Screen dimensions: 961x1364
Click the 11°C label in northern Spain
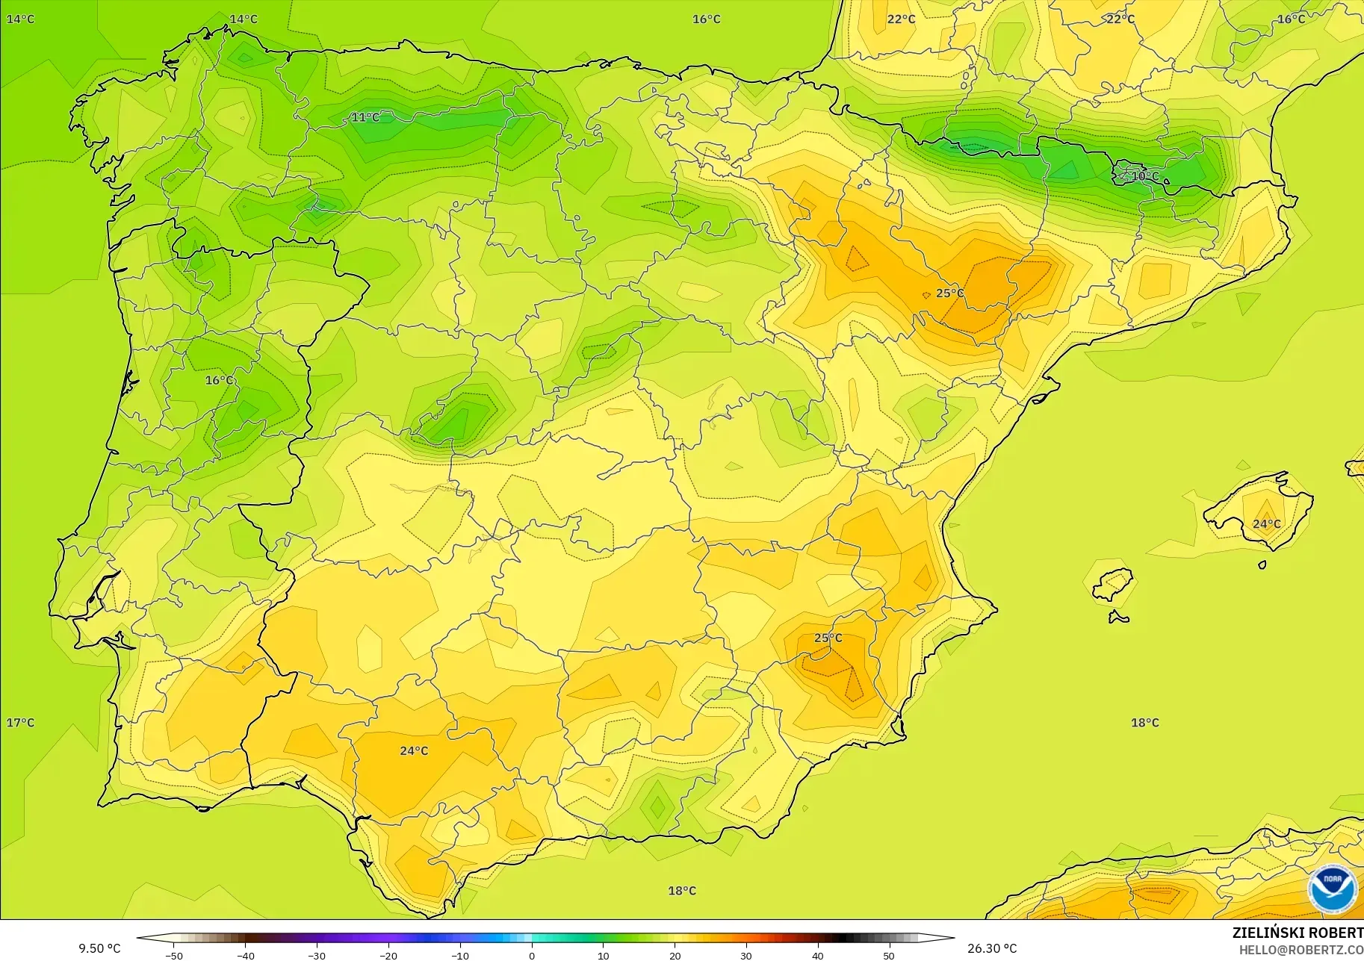[x=365, y=117]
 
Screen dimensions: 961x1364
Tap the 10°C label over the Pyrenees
[x=1145, y=176]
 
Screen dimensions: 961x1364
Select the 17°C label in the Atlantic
[x=20, y=722]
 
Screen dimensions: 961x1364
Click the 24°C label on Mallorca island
[x=1266, y=523]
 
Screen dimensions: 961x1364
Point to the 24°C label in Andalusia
[x=414, y=750]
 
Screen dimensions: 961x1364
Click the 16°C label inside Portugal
[x=219, y=380]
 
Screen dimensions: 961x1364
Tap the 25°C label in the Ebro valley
[x=950, y=293]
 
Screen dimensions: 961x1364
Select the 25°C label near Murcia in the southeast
[x=828, y=638]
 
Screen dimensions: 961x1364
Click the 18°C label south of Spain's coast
[x=681, y=890]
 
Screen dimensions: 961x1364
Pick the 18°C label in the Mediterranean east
[x=1144, y=722]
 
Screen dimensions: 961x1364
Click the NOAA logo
[x=1332, y=889]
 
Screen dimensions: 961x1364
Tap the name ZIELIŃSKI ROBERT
[x=1298, y=933]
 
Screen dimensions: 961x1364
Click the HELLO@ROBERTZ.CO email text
[x=1301, y=950]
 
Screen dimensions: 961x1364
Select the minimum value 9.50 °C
[x=99, y=948]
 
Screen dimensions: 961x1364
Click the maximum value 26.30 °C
[x=992, y=948]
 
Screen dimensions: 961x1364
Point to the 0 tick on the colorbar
[x=531, y=955]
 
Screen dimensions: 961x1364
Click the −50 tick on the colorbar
[x=173, y=955]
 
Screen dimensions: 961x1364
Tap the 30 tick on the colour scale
[x=746, y=955]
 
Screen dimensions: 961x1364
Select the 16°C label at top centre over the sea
[x=706, y=19]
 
